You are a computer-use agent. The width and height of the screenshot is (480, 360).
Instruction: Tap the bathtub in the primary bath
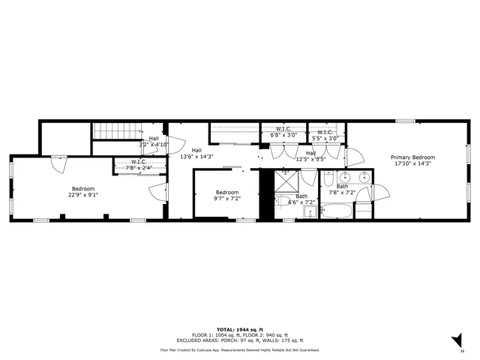click(x=335, y=212)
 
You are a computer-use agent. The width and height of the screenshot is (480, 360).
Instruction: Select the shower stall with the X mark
click(x=285, y=181)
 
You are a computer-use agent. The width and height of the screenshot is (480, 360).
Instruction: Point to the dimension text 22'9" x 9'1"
click(x=83, y=195)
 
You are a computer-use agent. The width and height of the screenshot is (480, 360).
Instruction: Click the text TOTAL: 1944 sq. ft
click(x=239, y=329)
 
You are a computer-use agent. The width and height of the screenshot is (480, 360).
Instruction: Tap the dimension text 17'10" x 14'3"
click(x=412, y=164)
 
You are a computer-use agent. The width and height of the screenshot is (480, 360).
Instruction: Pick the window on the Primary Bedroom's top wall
click(x=406, y=121)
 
